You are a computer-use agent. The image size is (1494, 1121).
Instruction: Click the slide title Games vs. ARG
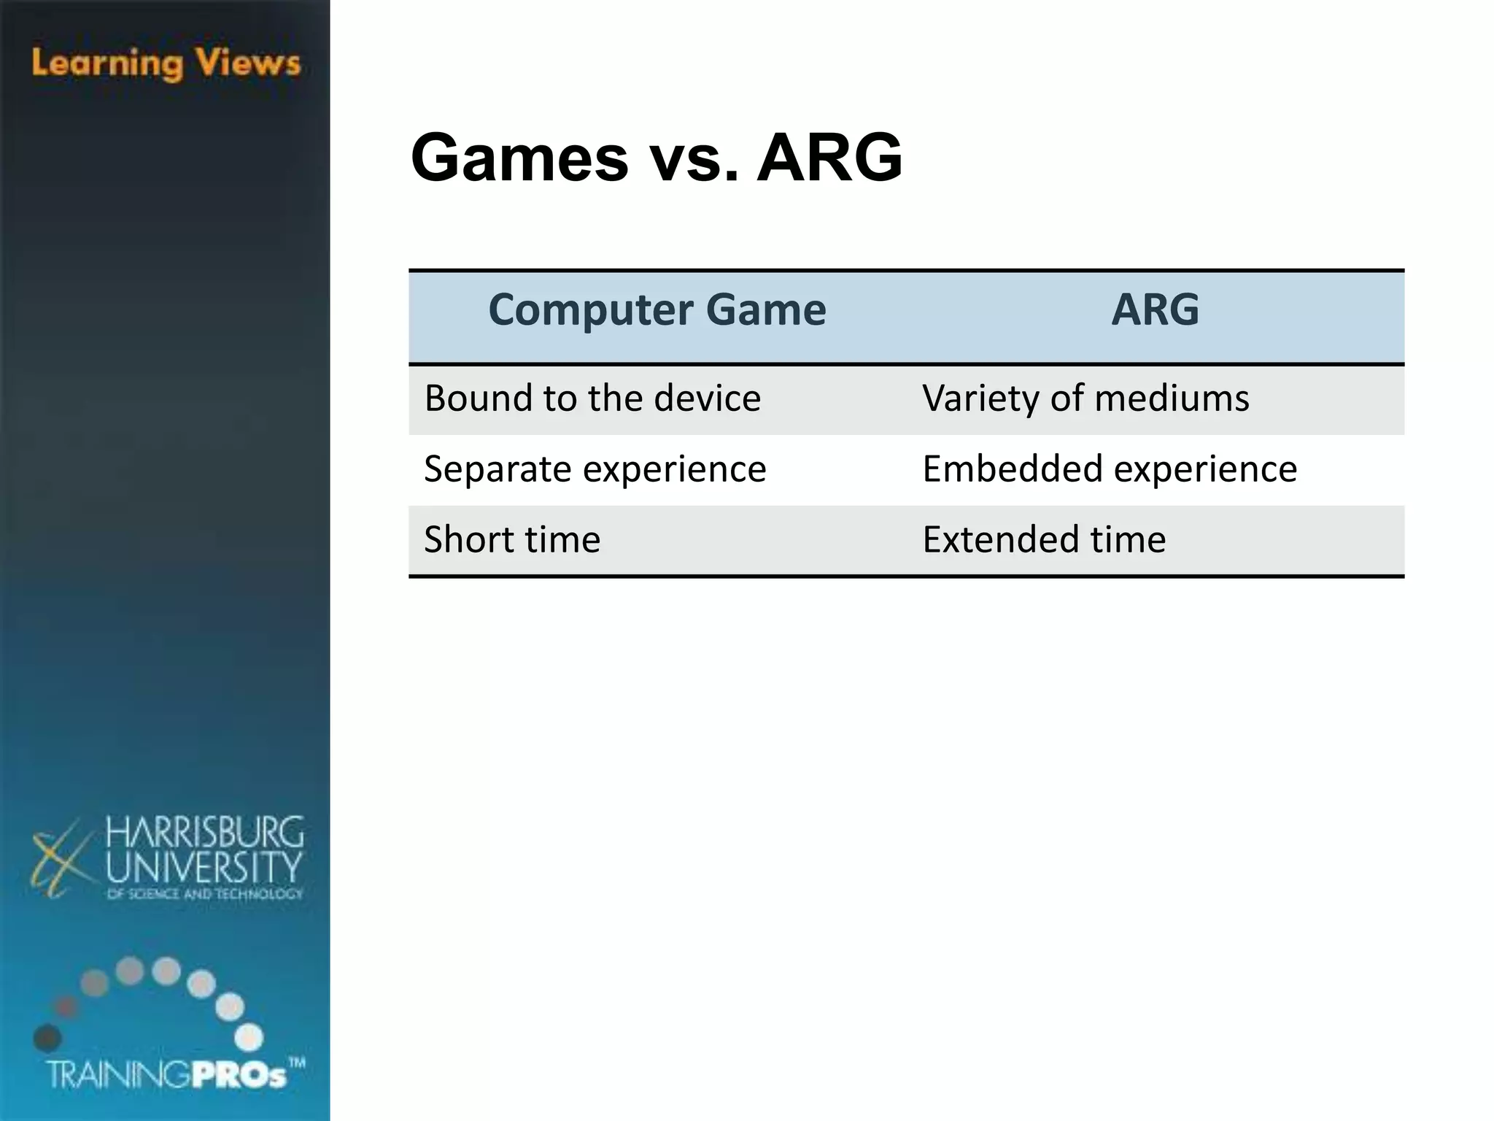coord(657,158)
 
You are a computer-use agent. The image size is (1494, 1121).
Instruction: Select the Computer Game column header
coord(657,309)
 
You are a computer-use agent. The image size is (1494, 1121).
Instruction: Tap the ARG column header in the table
coord(1155,309)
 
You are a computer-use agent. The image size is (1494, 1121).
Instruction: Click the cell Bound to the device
coord(592,399)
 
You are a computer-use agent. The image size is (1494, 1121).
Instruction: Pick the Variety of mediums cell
coord(1085,399)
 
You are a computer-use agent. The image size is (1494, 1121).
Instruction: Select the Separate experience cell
coord(595,469)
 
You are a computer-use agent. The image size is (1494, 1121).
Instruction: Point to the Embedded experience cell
coord(1110,469)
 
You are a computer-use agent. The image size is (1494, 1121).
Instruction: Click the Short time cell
coord(512,540)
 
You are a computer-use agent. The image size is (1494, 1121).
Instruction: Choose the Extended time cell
coord(1044,540)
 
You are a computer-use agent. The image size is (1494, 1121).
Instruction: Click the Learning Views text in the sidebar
coord(166,63)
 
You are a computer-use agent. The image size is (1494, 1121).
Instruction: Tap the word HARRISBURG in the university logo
coord(204,832)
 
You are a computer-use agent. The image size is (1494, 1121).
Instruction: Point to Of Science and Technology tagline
coord(204,894)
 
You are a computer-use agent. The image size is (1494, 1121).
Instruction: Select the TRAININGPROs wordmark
coord(168,1075)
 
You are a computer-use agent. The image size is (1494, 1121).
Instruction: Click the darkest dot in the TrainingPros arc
coord(47,1037)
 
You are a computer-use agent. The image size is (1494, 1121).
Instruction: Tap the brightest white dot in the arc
coord(249,1037)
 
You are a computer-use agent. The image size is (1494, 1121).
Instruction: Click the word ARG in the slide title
coord(829,158)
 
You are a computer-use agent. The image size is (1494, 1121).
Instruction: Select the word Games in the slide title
coord(519,158)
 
